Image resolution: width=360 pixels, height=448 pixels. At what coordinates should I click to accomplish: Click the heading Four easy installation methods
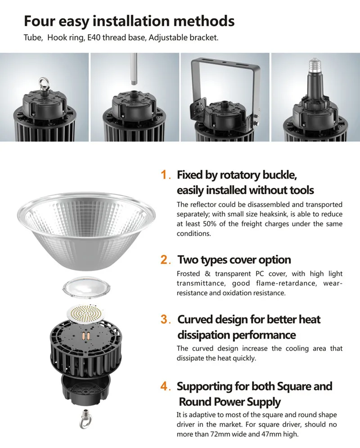[x=129, y=21]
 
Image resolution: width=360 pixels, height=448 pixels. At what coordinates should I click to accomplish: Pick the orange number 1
[x=164, y=175]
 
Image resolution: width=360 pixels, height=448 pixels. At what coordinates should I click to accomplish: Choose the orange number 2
[x=165, y=259]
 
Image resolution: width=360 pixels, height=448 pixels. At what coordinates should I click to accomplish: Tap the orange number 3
[x=164, y=319]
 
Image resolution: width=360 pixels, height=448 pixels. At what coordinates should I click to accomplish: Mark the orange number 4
[x=164, y=386]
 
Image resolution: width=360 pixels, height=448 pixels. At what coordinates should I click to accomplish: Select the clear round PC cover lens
[x=86, y=287]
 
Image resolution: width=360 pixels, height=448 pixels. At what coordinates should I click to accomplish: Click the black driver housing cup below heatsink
[x=86, y=389]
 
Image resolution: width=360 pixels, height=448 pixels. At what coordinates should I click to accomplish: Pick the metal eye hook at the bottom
[x=84, y=419]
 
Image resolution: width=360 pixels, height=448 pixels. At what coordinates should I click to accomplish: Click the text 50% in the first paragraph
[x=209, y=224]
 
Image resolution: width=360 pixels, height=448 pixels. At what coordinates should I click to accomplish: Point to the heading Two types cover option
[x=234, y=260]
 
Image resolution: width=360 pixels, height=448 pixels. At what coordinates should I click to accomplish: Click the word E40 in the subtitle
[x=94, y=37]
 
